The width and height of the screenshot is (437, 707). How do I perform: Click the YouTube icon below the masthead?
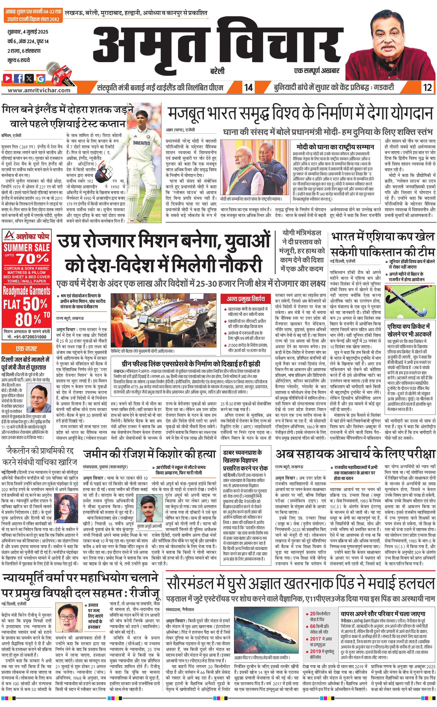pos(8,78)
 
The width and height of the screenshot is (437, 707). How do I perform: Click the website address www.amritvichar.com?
pos(39,90)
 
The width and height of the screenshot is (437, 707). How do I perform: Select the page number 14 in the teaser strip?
pos(248,87)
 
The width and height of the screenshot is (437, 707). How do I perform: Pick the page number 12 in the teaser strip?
pos(427,87)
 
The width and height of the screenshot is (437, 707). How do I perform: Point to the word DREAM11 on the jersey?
pos(141,143)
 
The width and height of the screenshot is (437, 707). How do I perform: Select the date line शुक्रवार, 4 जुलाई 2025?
pos(28,32)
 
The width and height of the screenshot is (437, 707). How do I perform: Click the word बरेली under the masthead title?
pos(217,71)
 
